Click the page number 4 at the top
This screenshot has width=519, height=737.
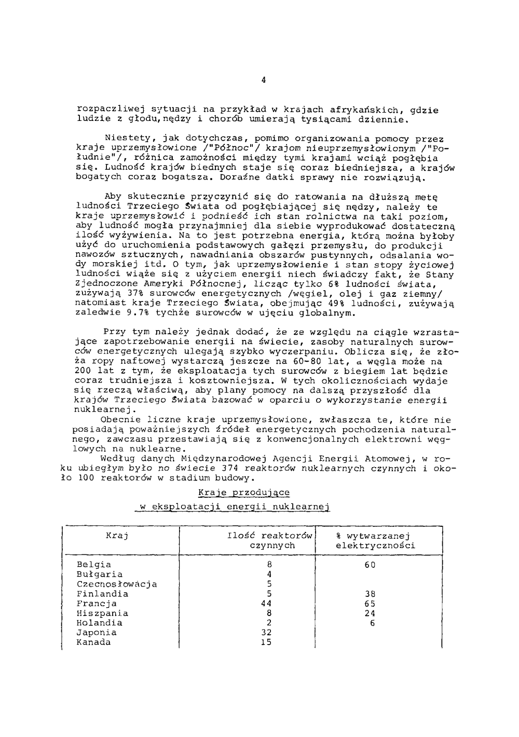coord(264,80)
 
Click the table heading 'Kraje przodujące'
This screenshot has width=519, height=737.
coord(244,493)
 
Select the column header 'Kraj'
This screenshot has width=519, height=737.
coord(117,536)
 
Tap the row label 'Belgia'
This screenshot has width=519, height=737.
coord(94,565)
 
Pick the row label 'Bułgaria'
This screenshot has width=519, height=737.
coord(100,575)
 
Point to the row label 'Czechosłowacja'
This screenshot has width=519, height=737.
coord(117,584)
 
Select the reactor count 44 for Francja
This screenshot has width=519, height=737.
coord(266,604)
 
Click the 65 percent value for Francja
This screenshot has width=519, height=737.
coord(370,604)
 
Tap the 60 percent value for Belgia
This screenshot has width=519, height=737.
coord(370,565)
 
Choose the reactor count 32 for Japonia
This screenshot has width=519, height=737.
coord(266,633)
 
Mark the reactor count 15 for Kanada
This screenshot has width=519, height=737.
coord(266,643)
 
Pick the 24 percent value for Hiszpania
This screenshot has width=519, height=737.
coord(370,613)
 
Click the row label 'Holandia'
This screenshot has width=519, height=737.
coord(100,623)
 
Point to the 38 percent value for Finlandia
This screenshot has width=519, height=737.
coord(370,594)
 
